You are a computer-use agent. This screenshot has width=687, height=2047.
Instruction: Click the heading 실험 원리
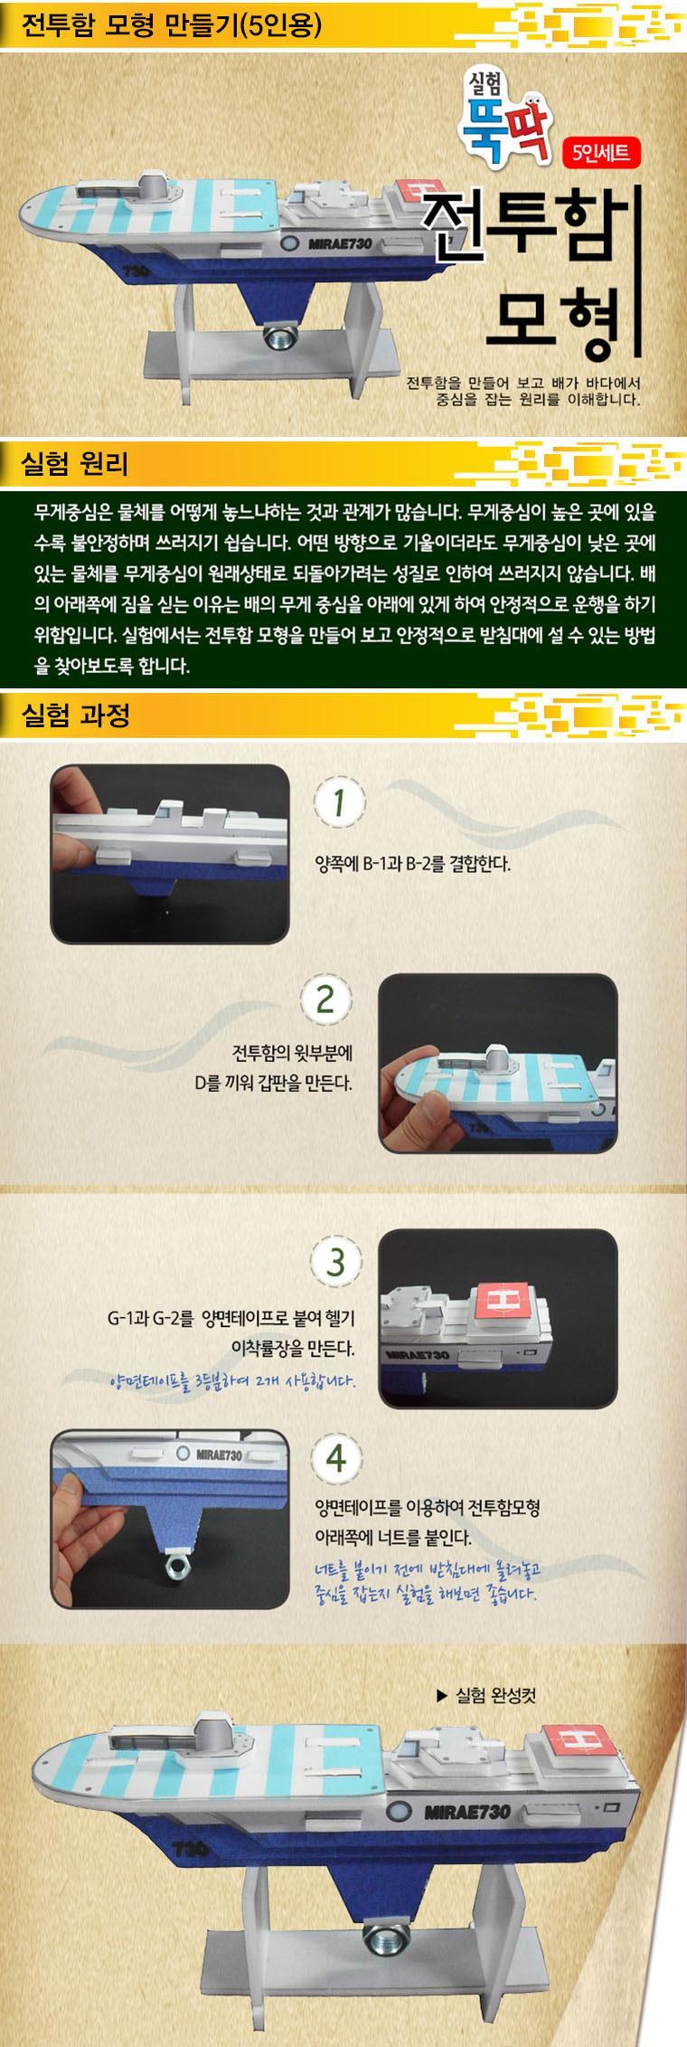74,464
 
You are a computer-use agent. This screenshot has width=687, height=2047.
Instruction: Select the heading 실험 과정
74,716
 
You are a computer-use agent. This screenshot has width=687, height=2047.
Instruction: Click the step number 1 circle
338,803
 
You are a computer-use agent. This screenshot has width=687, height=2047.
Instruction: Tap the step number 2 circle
325,999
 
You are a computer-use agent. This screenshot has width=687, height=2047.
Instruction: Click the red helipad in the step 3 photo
503,1302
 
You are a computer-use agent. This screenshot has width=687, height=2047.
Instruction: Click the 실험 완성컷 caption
485,1694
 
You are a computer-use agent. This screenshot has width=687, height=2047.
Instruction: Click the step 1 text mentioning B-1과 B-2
412,863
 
